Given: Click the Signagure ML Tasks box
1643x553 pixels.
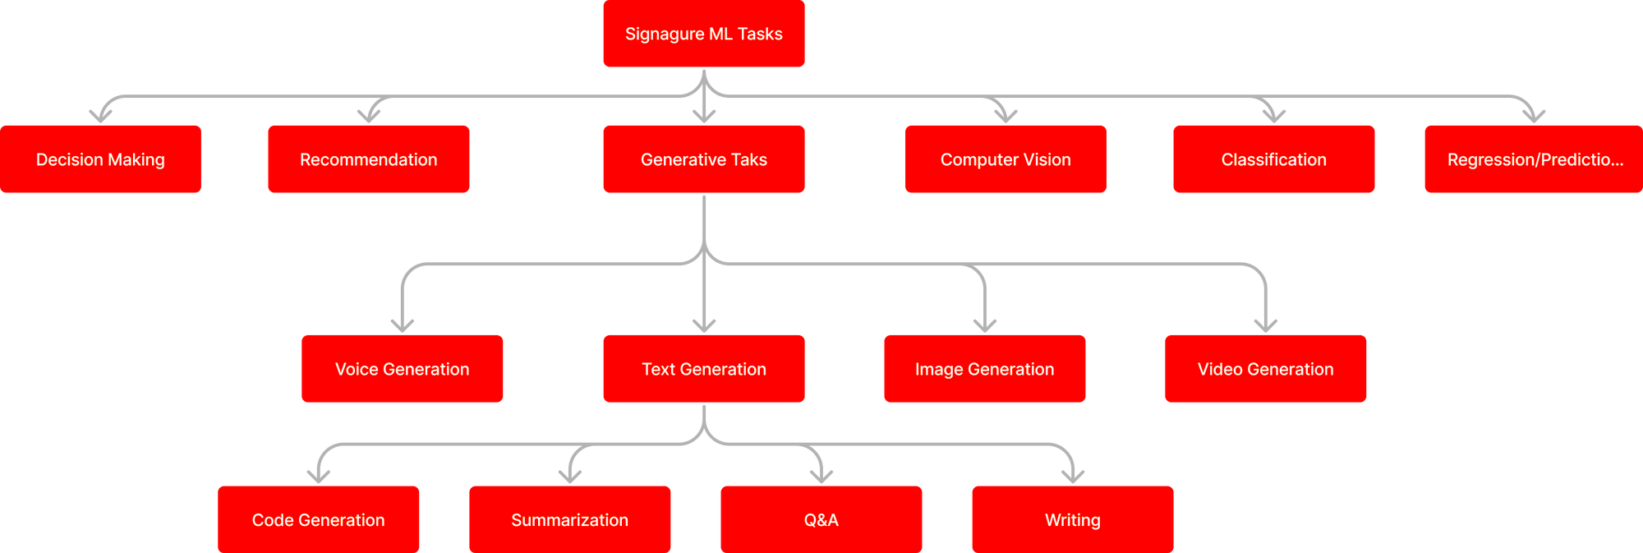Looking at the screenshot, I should [703, 34].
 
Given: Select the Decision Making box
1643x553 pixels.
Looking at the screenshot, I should [100, 159].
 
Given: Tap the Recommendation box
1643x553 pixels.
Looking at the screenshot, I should [368, 159].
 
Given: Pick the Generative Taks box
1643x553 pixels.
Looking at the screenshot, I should [703, 159].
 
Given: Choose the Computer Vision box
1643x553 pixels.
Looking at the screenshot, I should [1006, 159].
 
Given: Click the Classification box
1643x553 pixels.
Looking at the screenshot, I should [1273, 159].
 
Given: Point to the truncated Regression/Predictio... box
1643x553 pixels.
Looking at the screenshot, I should [1533, 159].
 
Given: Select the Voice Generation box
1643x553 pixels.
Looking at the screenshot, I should [403, 369].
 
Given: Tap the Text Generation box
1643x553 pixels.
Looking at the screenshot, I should [703, 369].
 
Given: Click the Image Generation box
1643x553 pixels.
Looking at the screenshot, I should [984, 369].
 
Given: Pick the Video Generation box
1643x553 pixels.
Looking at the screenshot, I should [1265, 369].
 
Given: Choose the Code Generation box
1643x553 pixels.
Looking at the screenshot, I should [319, 519].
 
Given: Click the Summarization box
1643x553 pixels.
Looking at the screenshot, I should [570, 519].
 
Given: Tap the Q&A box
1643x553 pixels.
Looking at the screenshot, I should [821, 519].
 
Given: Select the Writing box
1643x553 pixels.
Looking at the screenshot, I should [1073, 519].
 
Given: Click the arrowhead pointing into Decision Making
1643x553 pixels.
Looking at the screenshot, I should [101, 115].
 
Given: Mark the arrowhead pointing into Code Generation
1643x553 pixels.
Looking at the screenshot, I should [319, 476].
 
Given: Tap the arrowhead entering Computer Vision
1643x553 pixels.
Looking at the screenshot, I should [1006, 115].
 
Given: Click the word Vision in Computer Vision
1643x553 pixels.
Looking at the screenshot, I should [1047, 159].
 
